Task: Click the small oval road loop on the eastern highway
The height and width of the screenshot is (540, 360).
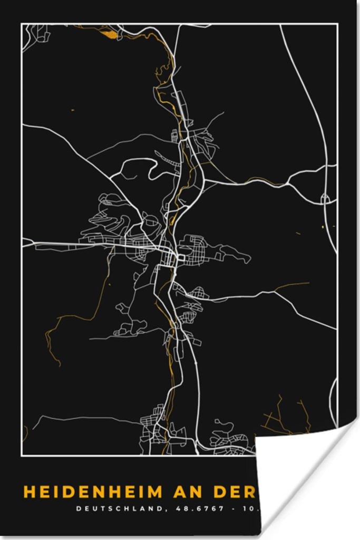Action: (x=325, y=199)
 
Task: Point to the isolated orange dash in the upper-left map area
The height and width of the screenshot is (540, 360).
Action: (x=72, y=110)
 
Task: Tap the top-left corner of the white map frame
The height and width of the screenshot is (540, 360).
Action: (x=22, y=24)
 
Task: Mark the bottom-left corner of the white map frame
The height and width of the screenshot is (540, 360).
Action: (x=22, y=454)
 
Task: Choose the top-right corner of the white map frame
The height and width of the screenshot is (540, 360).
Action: (x=337, y=24)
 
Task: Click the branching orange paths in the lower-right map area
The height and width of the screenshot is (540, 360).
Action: (x=285, y=417)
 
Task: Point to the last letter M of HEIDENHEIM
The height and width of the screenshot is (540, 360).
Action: (x=156, y=492)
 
